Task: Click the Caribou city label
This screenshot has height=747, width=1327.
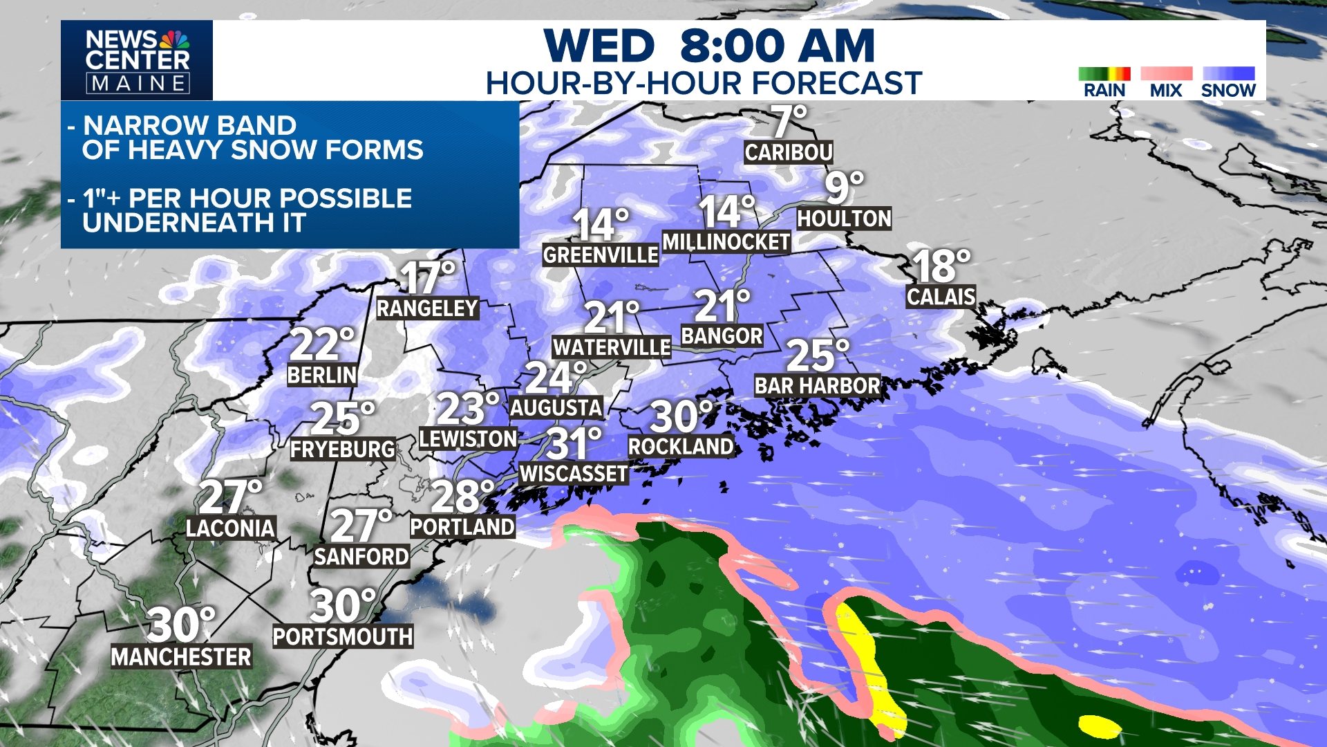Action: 789,152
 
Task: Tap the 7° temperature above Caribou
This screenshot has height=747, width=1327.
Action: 789,122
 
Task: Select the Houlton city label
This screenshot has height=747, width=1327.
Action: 844,219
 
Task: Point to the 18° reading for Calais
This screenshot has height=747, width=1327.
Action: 941,266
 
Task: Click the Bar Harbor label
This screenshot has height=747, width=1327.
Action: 817,386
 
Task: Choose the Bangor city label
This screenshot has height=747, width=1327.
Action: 722,336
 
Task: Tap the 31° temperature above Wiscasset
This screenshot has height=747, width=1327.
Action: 574,443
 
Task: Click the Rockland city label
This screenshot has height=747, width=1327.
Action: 681,447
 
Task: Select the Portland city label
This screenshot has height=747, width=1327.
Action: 462,527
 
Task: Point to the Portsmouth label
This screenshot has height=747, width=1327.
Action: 343,637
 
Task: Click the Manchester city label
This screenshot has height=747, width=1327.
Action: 181,657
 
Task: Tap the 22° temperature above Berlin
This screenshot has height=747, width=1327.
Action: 321,344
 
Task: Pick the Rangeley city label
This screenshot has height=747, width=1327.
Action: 427,308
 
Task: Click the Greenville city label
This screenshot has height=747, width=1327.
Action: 601,255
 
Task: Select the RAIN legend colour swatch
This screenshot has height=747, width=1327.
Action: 1104,74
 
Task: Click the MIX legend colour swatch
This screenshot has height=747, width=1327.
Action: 1166,74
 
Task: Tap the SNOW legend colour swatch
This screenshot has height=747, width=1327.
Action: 1228,74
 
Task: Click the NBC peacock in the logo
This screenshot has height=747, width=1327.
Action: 174,39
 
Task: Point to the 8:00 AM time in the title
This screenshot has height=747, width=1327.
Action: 777,46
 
